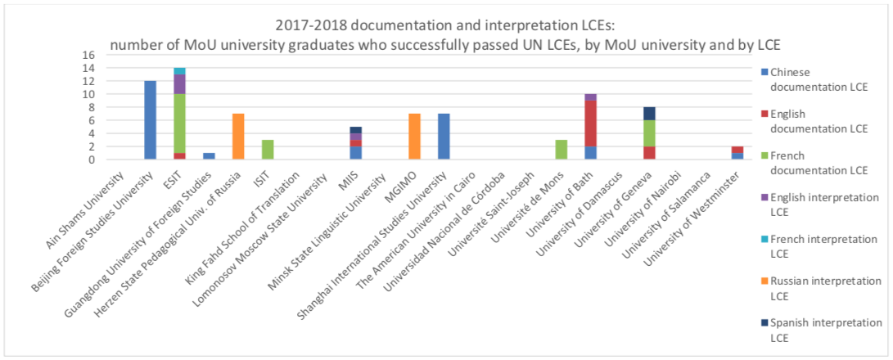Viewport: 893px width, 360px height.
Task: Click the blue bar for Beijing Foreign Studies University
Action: pos(150,120)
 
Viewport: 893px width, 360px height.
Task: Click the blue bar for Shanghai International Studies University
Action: pos(444,137)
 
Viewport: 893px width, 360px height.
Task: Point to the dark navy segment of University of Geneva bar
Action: pos(649,113)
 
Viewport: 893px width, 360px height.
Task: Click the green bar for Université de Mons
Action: pos(561,150)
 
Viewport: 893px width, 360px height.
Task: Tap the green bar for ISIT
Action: pos(267,150)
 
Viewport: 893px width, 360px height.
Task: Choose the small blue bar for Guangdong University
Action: pos(209,156)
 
